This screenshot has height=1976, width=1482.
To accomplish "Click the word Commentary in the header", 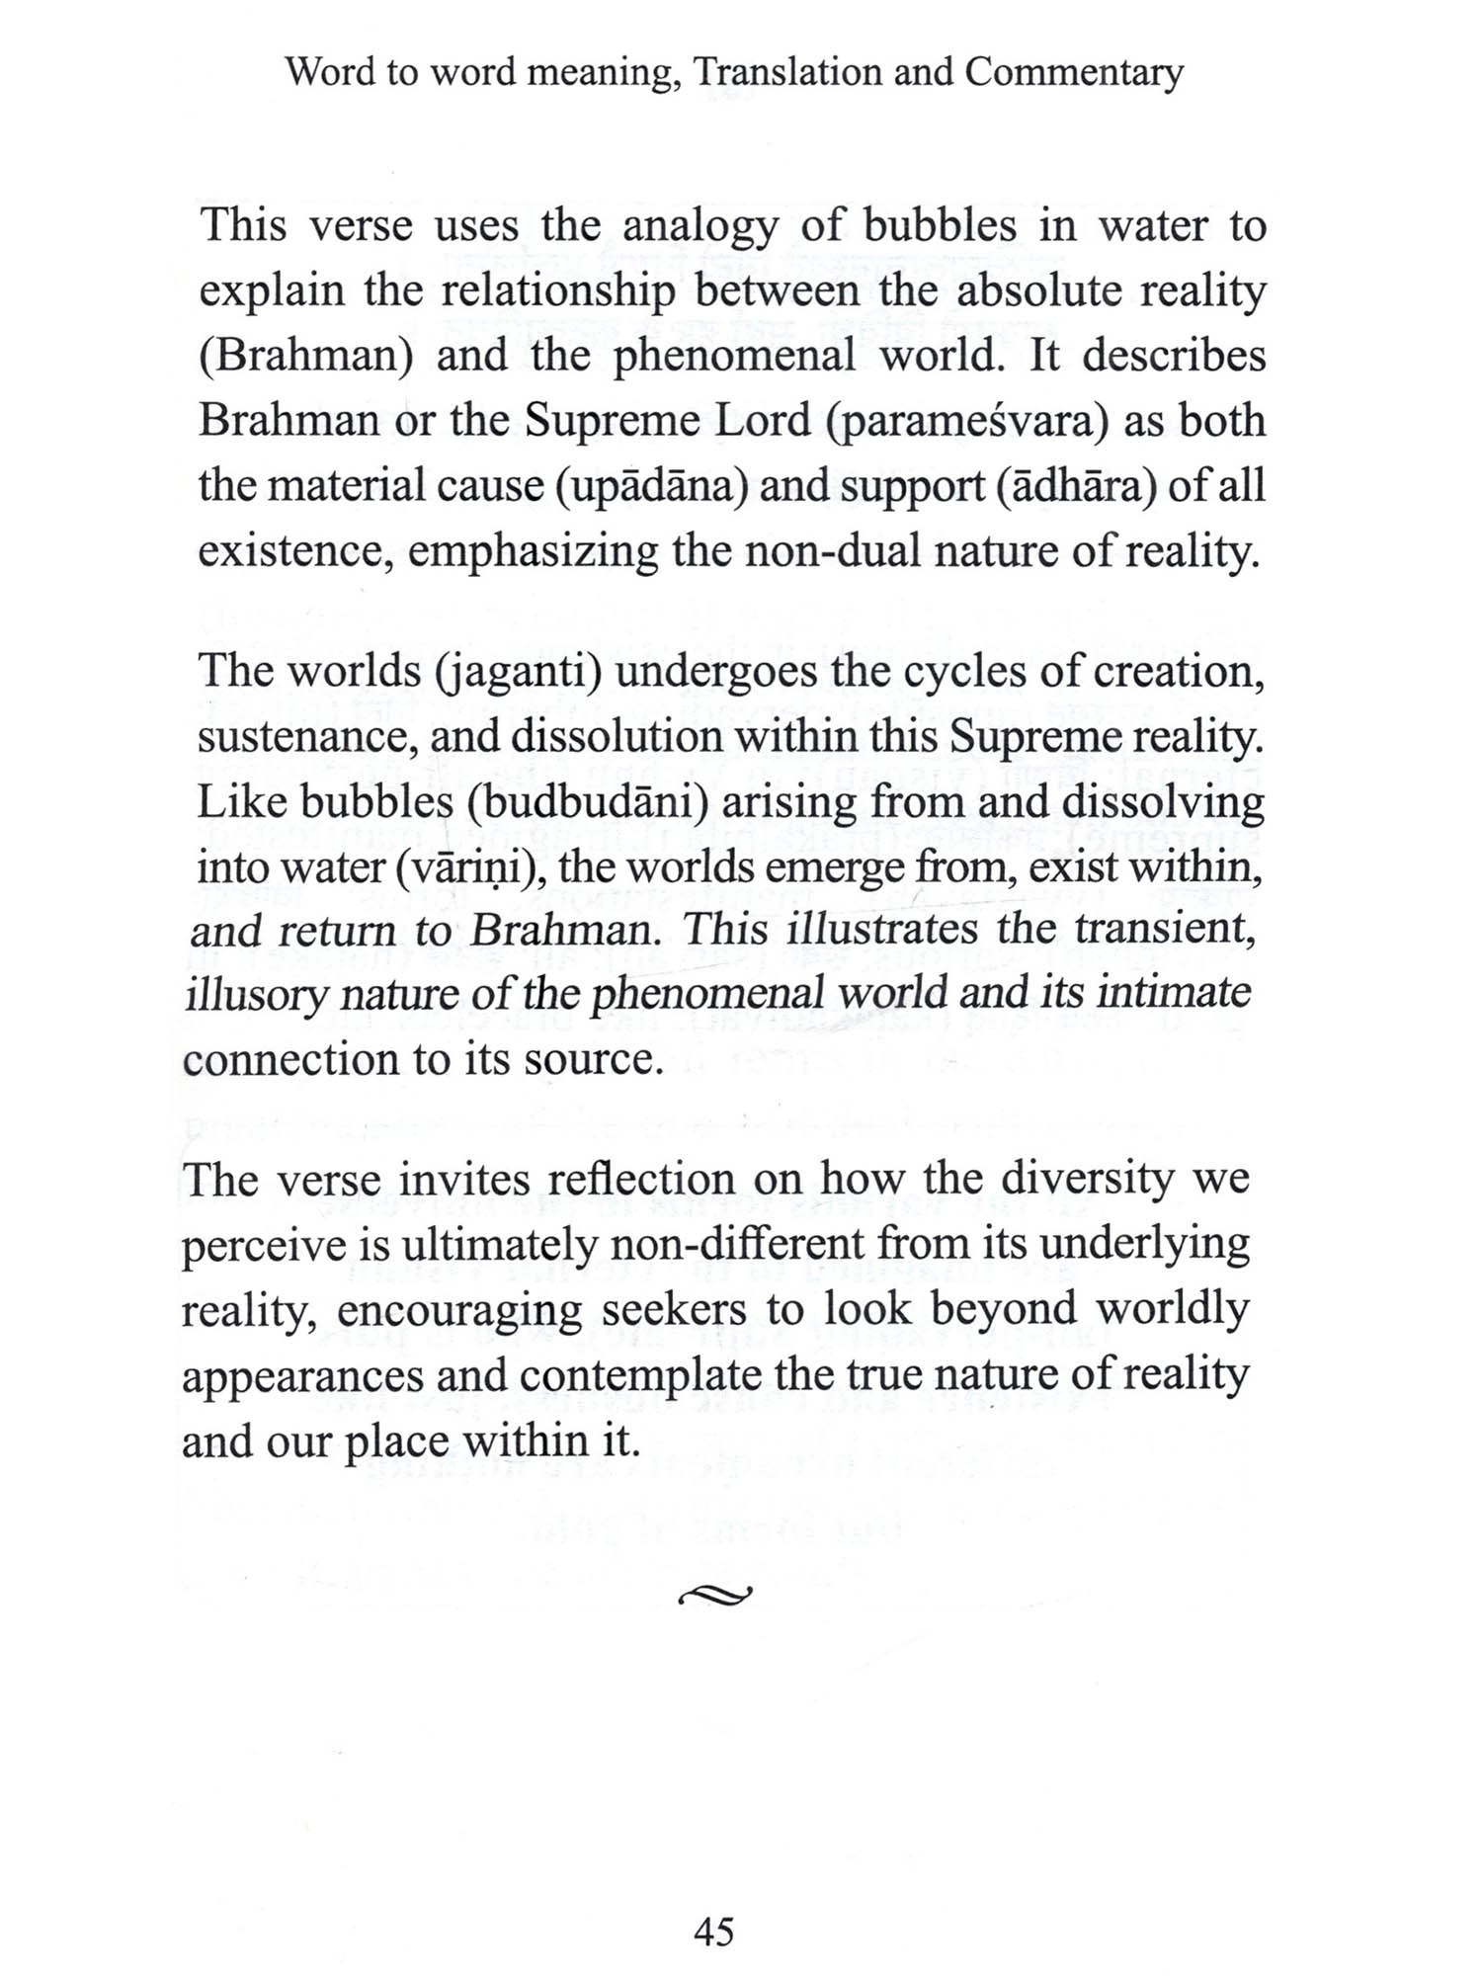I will (x=1074, y=73).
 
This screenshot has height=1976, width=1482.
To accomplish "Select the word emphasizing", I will (x=533, y=551).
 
